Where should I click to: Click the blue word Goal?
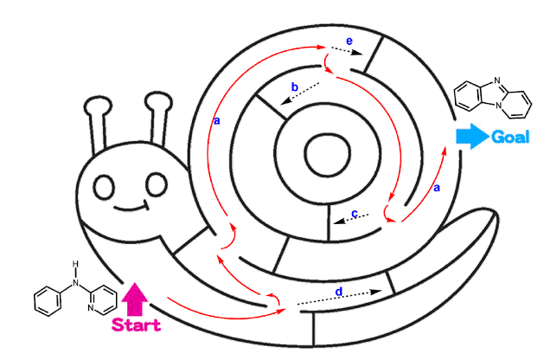[510, 137]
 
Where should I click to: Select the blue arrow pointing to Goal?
[472, 137]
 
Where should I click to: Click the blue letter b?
[295, 87]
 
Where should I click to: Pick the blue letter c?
[355, 213]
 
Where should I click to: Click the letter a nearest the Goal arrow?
[436, 186]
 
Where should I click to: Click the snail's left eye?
[104, 185]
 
